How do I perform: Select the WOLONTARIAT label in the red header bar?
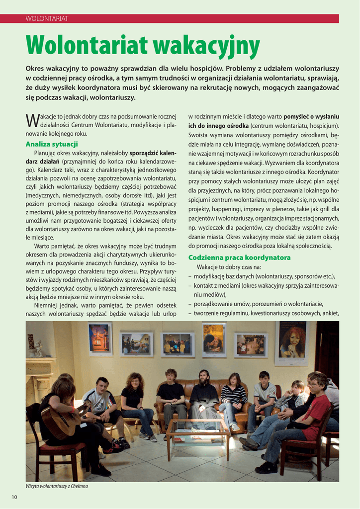(x=47, y=19)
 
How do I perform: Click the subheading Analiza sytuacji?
(x=52, y=144)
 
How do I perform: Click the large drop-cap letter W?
(x=32, y=120)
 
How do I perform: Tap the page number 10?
(x=14, y=497)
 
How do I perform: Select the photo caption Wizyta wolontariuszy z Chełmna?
(x=57, y=486)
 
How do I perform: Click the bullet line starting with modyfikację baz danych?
(x=264, y=276)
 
